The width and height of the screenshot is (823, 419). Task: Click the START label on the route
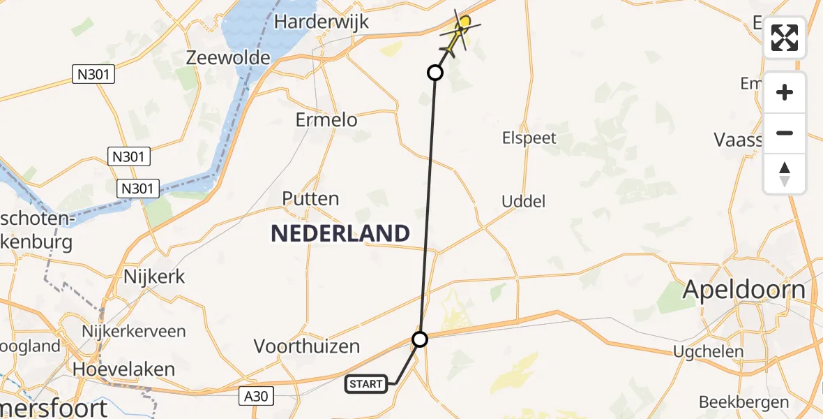pos(366,383)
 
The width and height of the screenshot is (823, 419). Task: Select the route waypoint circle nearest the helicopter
pos(435,73)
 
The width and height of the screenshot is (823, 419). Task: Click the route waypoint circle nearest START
pos(420,339)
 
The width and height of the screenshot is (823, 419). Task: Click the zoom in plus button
pos(785,92)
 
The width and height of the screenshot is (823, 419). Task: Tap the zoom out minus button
pos(785,133)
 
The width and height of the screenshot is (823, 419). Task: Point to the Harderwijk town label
pos(321,22)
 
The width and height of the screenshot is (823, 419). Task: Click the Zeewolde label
pos(228,57)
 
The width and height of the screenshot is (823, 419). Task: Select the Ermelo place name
pos(326,119)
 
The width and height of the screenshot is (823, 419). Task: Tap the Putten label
pos(310,198)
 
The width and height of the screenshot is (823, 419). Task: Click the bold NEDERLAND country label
pos(340,233)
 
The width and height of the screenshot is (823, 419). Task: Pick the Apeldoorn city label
pos(744,289)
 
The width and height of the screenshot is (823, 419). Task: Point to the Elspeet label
pos(529,138)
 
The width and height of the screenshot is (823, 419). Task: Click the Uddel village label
pos(523,202)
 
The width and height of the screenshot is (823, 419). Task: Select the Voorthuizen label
pos(307,346)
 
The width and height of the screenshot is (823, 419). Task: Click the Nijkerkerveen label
pos(133,331)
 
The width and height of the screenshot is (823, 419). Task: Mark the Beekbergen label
pos(743,402)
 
